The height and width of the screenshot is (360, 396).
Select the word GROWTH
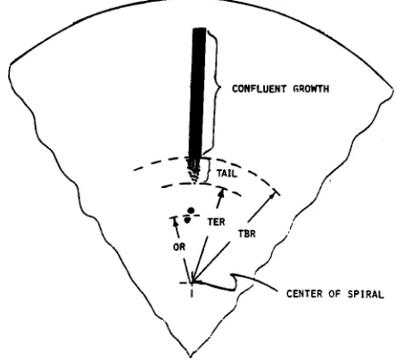311,89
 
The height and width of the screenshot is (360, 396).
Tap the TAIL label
227,174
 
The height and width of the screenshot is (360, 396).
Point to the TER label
216,222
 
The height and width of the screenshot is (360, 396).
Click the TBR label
247,233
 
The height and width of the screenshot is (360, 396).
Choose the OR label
179,247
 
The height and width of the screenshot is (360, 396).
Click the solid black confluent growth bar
197,93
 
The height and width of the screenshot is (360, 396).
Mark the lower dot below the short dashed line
187,220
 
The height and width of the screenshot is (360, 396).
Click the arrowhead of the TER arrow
221,192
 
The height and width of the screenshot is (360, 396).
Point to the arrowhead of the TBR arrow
272,196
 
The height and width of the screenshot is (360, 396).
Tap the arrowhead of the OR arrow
175,222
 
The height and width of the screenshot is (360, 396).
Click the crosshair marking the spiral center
192,282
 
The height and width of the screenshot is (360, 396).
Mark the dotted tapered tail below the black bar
193,170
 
